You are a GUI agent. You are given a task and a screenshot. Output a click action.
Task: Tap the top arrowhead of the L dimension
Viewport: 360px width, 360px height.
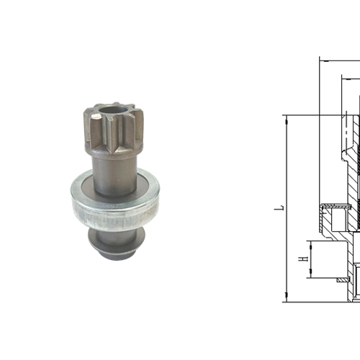tap(286, 117)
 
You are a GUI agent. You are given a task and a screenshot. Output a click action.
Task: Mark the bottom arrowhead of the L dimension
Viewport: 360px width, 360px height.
tap(286, 298)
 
